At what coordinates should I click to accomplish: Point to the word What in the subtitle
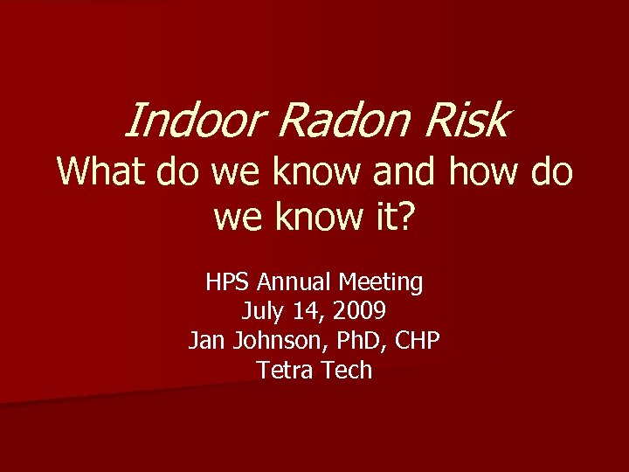tap(103, 171)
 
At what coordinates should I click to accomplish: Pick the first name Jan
tap(206, 341)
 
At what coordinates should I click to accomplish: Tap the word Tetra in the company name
tap(285, 370)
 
